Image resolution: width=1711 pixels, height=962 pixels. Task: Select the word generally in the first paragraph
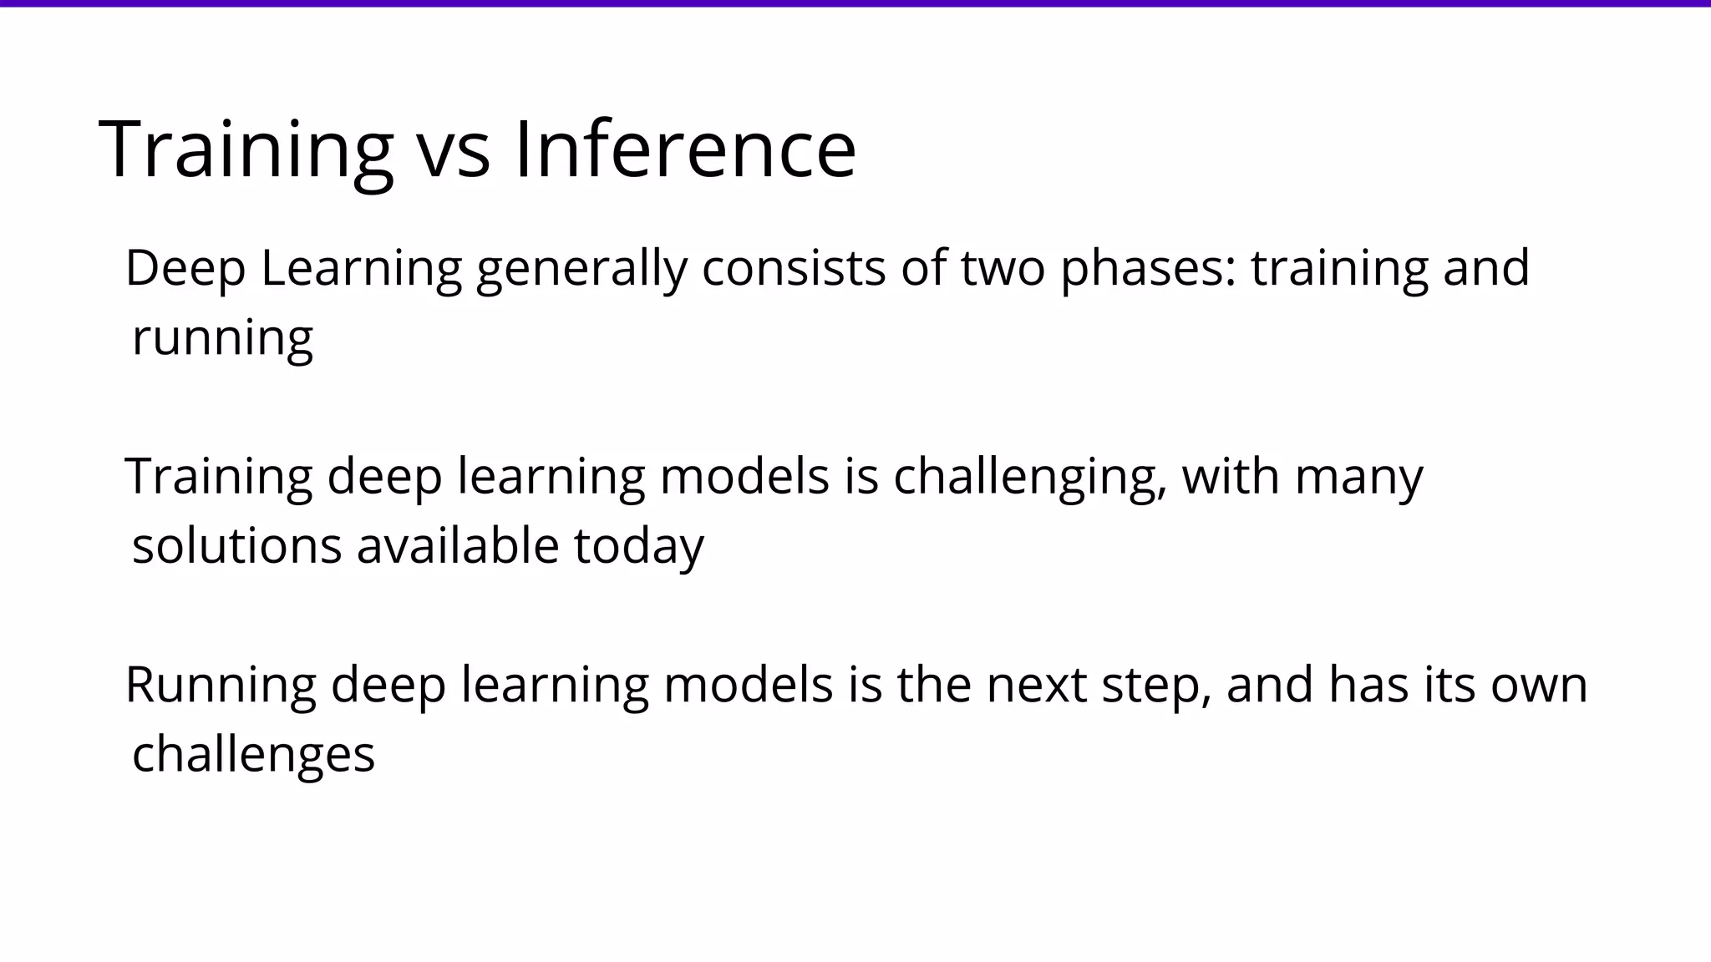[x=581, y=269]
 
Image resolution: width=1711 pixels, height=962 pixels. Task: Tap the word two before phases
[x=1003, y=269]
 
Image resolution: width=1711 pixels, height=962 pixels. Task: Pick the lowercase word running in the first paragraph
[x=222, y=338]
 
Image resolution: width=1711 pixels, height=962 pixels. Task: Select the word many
[x=1358, y=478]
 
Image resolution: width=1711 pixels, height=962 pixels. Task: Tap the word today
[x=639, y=546]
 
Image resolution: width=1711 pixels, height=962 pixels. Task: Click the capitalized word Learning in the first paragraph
[x=361, y=269]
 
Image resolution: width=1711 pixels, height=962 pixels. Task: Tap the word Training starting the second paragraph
[x=219, y=478]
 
